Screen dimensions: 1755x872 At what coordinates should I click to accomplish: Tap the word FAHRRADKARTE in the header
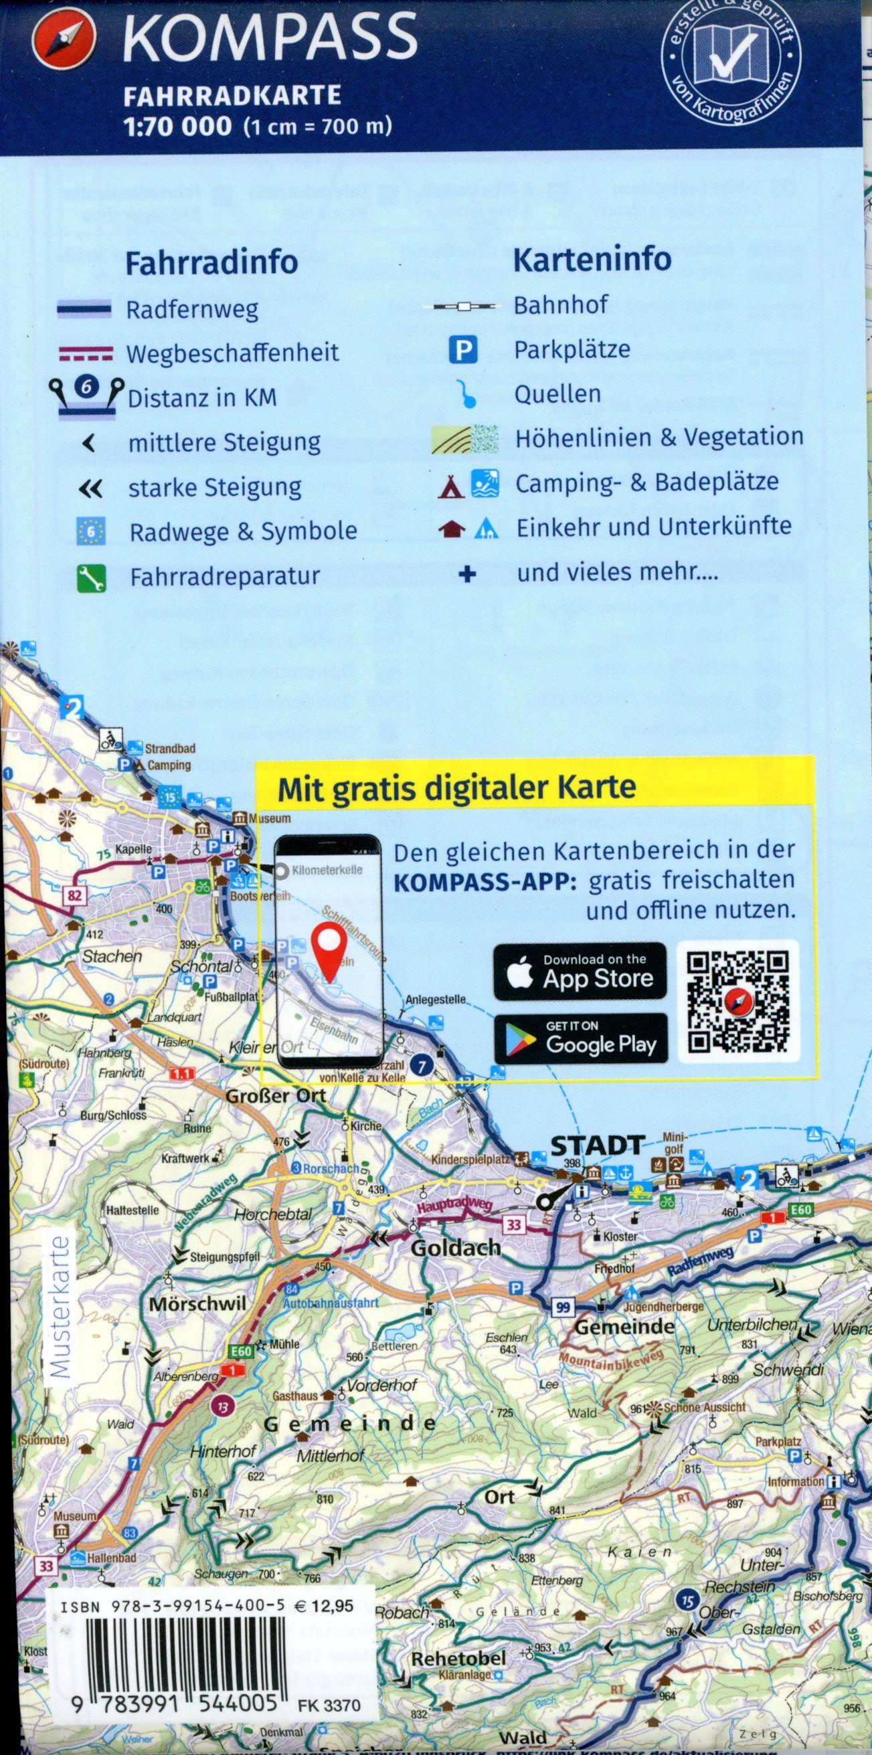pyautogui.click(x=232, y=96)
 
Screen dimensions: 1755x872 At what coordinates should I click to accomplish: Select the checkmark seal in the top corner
pyautogui.click(x=731, y=64)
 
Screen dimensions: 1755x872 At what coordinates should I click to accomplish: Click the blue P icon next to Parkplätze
pyautogui.click(x=462, y=351)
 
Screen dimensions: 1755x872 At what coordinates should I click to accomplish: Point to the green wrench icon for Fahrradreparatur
pyautogui.click(x=90, y=578)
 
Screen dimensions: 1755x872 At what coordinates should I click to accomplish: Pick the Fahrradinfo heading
pyautogui.click(x=211, y=262)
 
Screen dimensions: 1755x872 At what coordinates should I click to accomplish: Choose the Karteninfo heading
pyautogui.click(x=592, y=260)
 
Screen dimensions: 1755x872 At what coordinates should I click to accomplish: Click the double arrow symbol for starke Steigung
pyautogui.click(x=91, y=488)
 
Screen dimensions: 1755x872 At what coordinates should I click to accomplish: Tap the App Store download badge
pyautogui.click(x=580, y=972)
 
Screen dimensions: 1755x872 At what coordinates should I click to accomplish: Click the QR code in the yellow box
pyautogui.click(x=737, y=1002)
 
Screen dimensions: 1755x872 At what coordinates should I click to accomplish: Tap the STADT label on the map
pyautogui.click(x=597, y=1146)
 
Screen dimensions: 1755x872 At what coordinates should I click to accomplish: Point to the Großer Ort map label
pyautogui.click(x=275, y=1096)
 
